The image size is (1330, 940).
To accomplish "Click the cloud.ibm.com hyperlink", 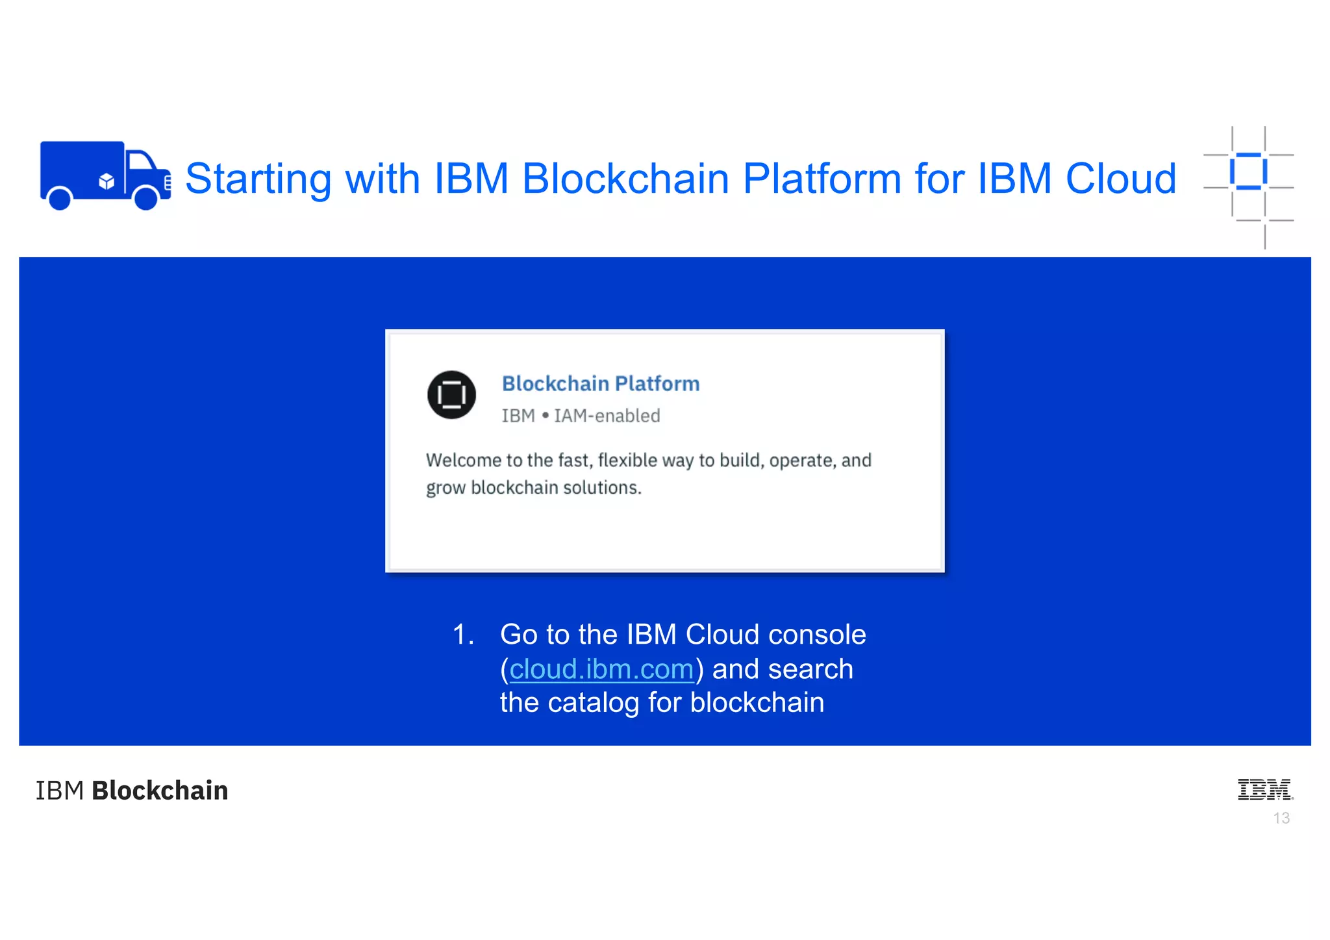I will pyautogui.click(x=601, y=669).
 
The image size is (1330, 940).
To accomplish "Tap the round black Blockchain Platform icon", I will pyautogui.click(x=451, y=394).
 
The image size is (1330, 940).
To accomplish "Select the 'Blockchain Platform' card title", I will pyautogui.click(x=601, y=383).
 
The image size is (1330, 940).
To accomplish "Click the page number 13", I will pyautogui.click(x=1281, y=818).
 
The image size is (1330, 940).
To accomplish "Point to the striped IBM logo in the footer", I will pyautogui.click(x=1264, y=789).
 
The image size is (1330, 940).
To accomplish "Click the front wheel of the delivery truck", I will pyautogui.click(x=145, y=198).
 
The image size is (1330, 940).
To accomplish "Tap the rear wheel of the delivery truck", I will pyautogui.click(x=60, y=198).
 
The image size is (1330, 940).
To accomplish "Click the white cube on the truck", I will pyautogui.click(x=107, y=181).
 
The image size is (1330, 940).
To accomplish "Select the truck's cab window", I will pyautogui.click(x=140, y=160).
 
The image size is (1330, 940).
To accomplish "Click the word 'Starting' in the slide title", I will pyautogui.click(x=258, y=178).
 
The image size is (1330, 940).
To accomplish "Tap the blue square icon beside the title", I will pyautogui.click(x=1248, y=171).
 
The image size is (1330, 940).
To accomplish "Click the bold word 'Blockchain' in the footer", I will pyautogui.click(x=160, y=791).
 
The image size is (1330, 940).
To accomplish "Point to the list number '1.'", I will pyautogui.click(x=463, y=635).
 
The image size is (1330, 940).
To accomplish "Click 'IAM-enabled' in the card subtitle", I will pyautogui.click(x=607, y=416).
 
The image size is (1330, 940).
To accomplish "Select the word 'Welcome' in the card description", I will pyautogui.click(x=463, y=460).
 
